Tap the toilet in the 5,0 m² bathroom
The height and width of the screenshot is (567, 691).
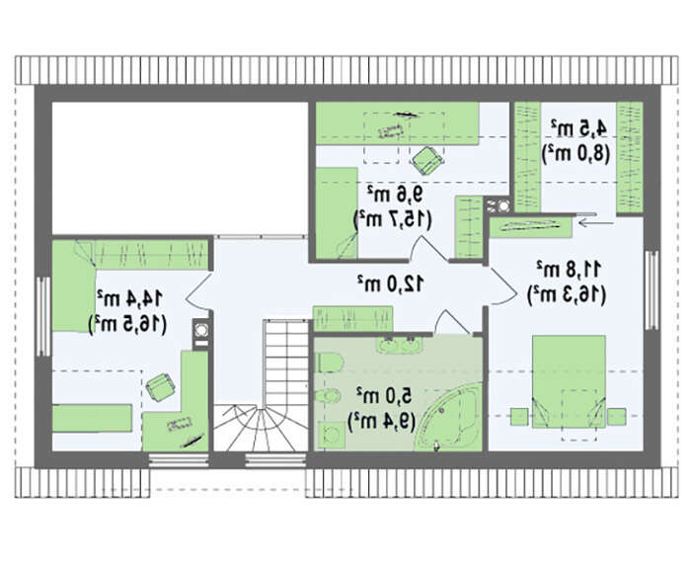(331, 363)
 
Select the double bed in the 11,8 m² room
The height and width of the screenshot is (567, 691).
(569, 382)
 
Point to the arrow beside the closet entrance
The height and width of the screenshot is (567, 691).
(595, 223)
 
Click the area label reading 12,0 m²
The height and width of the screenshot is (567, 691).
(391, 283)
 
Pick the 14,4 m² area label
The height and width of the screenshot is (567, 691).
(130, 298)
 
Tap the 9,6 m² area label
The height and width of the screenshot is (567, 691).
(395, 194)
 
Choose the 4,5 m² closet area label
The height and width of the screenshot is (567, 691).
(578, 128)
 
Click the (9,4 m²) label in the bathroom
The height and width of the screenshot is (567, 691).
(381, 422)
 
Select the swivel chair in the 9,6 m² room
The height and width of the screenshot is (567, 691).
(427, 160)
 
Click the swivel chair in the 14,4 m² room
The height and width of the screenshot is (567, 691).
(160, 386)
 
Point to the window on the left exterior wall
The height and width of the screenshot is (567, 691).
(42, 316)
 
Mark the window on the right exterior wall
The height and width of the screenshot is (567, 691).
(652, 289)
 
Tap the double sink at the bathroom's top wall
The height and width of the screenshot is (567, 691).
(399, 345)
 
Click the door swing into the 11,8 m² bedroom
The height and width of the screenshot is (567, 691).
(502, 285)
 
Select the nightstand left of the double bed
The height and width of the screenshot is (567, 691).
(519, 417)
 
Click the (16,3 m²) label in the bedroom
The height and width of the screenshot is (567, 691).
(568, 294)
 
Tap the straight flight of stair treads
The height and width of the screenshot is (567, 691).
(285, 364)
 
